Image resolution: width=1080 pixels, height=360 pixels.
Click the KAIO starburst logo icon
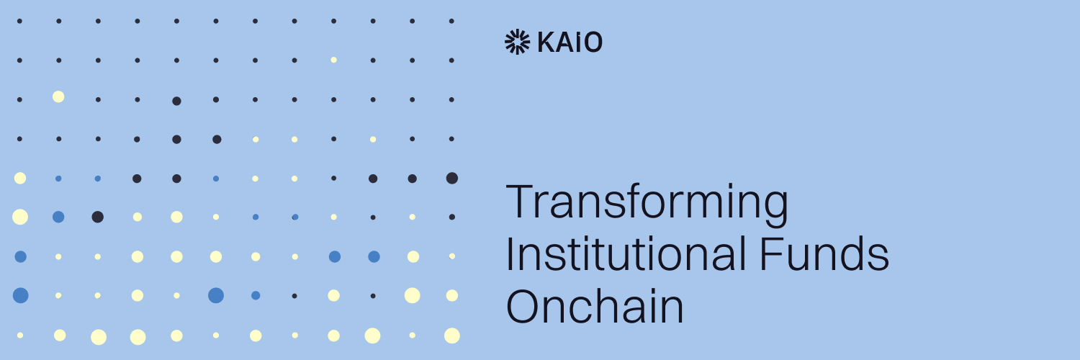click(x=516, y=42)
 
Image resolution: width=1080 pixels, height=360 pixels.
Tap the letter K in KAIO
click(x=546, y=42)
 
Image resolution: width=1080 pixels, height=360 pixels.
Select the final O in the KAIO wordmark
click(x=593, y=42)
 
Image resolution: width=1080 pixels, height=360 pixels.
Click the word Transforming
click(x=647, y=204)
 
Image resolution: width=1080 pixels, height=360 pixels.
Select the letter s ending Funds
click(x=879, y=257)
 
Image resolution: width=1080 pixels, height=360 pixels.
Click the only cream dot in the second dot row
click(x=333, y=60)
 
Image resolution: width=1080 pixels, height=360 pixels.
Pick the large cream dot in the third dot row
click(x=58, y=96)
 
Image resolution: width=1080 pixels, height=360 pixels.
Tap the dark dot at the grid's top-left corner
click(x=19, y=21)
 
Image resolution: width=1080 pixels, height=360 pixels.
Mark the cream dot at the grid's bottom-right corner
click(x=452, y=336)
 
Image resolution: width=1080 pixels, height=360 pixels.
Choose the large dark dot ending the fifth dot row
click(x=452, y=178)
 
